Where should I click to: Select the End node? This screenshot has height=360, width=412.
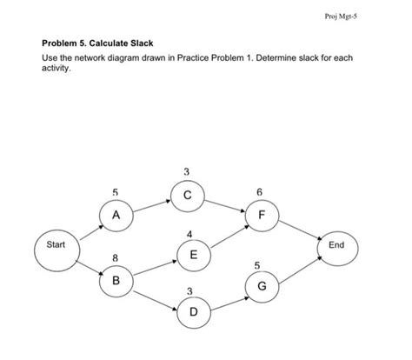point(337,245)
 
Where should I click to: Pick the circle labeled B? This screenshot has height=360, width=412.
point(116,282)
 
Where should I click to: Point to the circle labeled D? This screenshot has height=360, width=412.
point(192,311)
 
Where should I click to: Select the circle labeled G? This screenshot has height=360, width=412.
point(262,286)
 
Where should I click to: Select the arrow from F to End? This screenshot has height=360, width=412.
point(300,230)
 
